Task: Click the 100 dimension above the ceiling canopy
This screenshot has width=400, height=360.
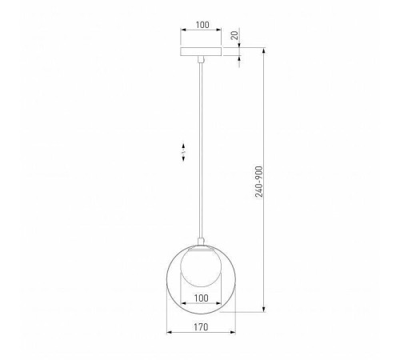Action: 202,25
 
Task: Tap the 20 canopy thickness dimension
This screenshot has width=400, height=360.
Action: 234,35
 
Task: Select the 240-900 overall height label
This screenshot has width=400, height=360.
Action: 259,182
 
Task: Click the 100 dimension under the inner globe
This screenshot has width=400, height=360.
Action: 202,298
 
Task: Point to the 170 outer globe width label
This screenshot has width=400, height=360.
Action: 201,327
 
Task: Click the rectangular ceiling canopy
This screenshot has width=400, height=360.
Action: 201,52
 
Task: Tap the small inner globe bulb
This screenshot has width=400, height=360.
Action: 201,267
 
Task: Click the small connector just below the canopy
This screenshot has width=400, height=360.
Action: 201,59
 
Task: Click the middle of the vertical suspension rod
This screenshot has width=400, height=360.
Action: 201,150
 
